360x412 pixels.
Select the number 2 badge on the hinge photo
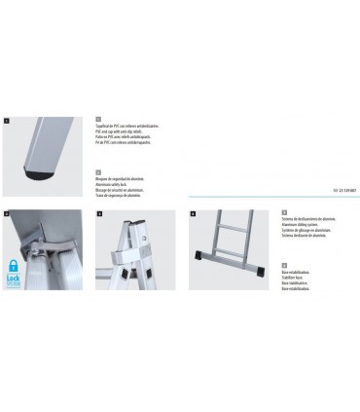(x=7, y=213)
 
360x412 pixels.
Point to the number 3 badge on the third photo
(x=100, y=213)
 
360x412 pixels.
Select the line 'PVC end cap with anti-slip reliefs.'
(x=136, y=137)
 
